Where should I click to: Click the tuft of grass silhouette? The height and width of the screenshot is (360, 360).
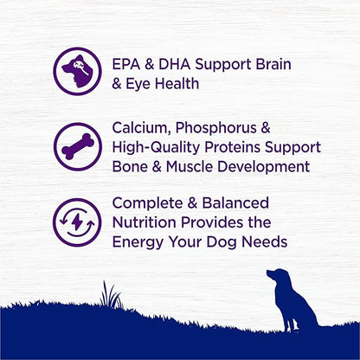(109, 296)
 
